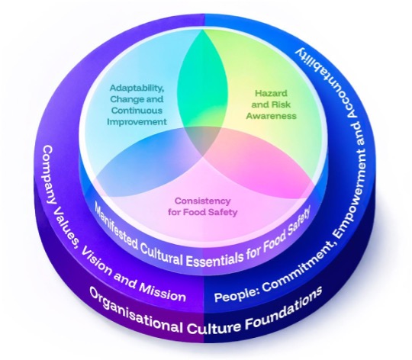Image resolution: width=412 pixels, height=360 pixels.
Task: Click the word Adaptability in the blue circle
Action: [x=137, y=88]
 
